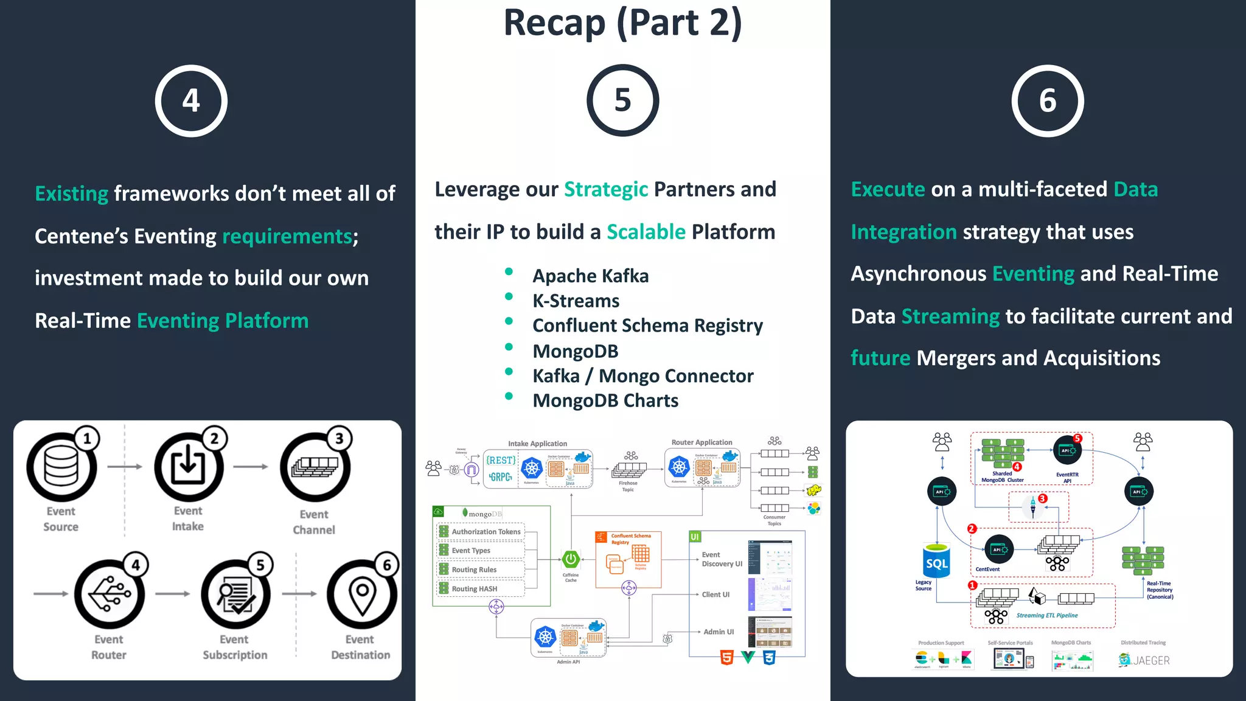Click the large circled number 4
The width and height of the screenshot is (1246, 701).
pos(191,100)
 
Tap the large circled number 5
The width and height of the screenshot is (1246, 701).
pos(622,100)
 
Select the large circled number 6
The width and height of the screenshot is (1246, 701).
pos(1047,100)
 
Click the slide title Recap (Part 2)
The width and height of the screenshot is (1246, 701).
pos(622,23)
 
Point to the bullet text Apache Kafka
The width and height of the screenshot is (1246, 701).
pos(590,276)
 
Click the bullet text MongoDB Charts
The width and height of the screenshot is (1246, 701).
pos(605,400)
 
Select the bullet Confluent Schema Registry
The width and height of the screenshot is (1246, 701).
pos(647,326)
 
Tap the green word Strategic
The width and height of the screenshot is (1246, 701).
pos(606,189)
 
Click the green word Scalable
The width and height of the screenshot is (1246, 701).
pos(646,232)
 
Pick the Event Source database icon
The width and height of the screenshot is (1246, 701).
pos(61,467)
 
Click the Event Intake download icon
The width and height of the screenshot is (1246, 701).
pos(188,467)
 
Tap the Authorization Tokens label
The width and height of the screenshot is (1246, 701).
pos(486,531)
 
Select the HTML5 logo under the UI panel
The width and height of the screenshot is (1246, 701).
pos(726,657)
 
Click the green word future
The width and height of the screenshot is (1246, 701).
pos(880,358)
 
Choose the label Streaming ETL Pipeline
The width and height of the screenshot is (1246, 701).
pos(1046,615)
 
